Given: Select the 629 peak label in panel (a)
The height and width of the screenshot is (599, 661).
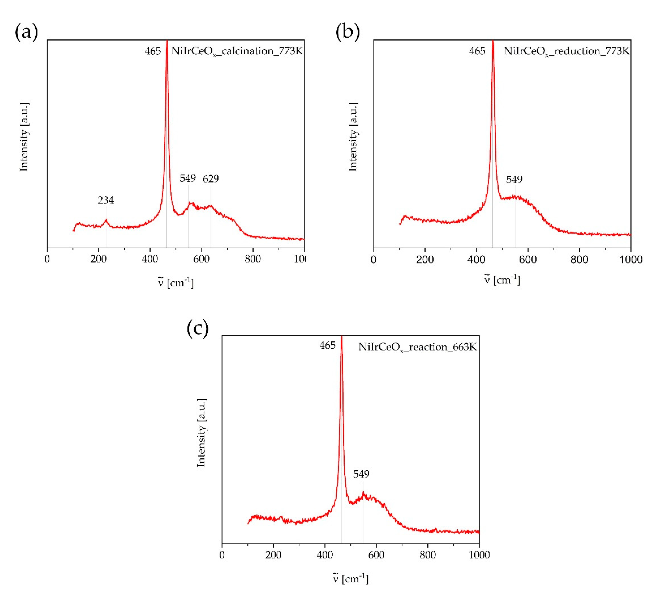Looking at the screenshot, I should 211,179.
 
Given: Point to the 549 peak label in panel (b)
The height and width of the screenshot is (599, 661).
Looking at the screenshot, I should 514,179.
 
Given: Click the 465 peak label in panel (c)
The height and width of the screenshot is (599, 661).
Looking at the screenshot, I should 327,345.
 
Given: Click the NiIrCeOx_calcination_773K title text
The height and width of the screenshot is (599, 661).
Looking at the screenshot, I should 237,51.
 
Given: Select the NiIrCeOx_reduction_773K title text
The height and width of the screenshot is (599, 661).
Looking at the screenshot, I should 566,51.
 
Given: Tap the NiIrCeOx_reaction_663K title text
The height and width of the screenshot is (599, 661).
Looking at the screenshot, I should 417,347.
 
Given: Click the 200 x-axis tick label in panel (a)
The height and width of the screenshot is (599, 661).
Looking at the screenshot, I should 98,259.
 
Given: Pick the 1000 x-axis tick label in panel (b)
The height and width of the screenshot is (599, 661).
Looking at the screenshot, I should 630,259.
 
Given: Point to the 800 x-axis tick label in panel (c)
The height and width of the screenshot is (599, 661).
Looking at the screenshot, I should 428,555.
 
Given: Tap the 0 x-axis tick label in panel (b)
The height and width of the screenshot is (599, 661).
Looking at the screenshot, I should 373,259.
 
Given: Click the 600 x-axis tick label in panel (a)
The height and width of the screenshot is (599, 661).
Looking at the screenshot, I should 201,259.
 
